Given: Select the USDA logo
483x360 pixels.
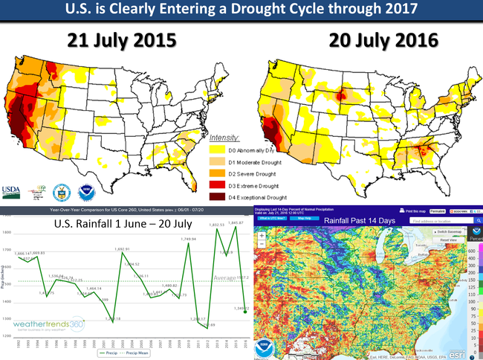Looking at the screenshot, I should click(13, 190).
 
